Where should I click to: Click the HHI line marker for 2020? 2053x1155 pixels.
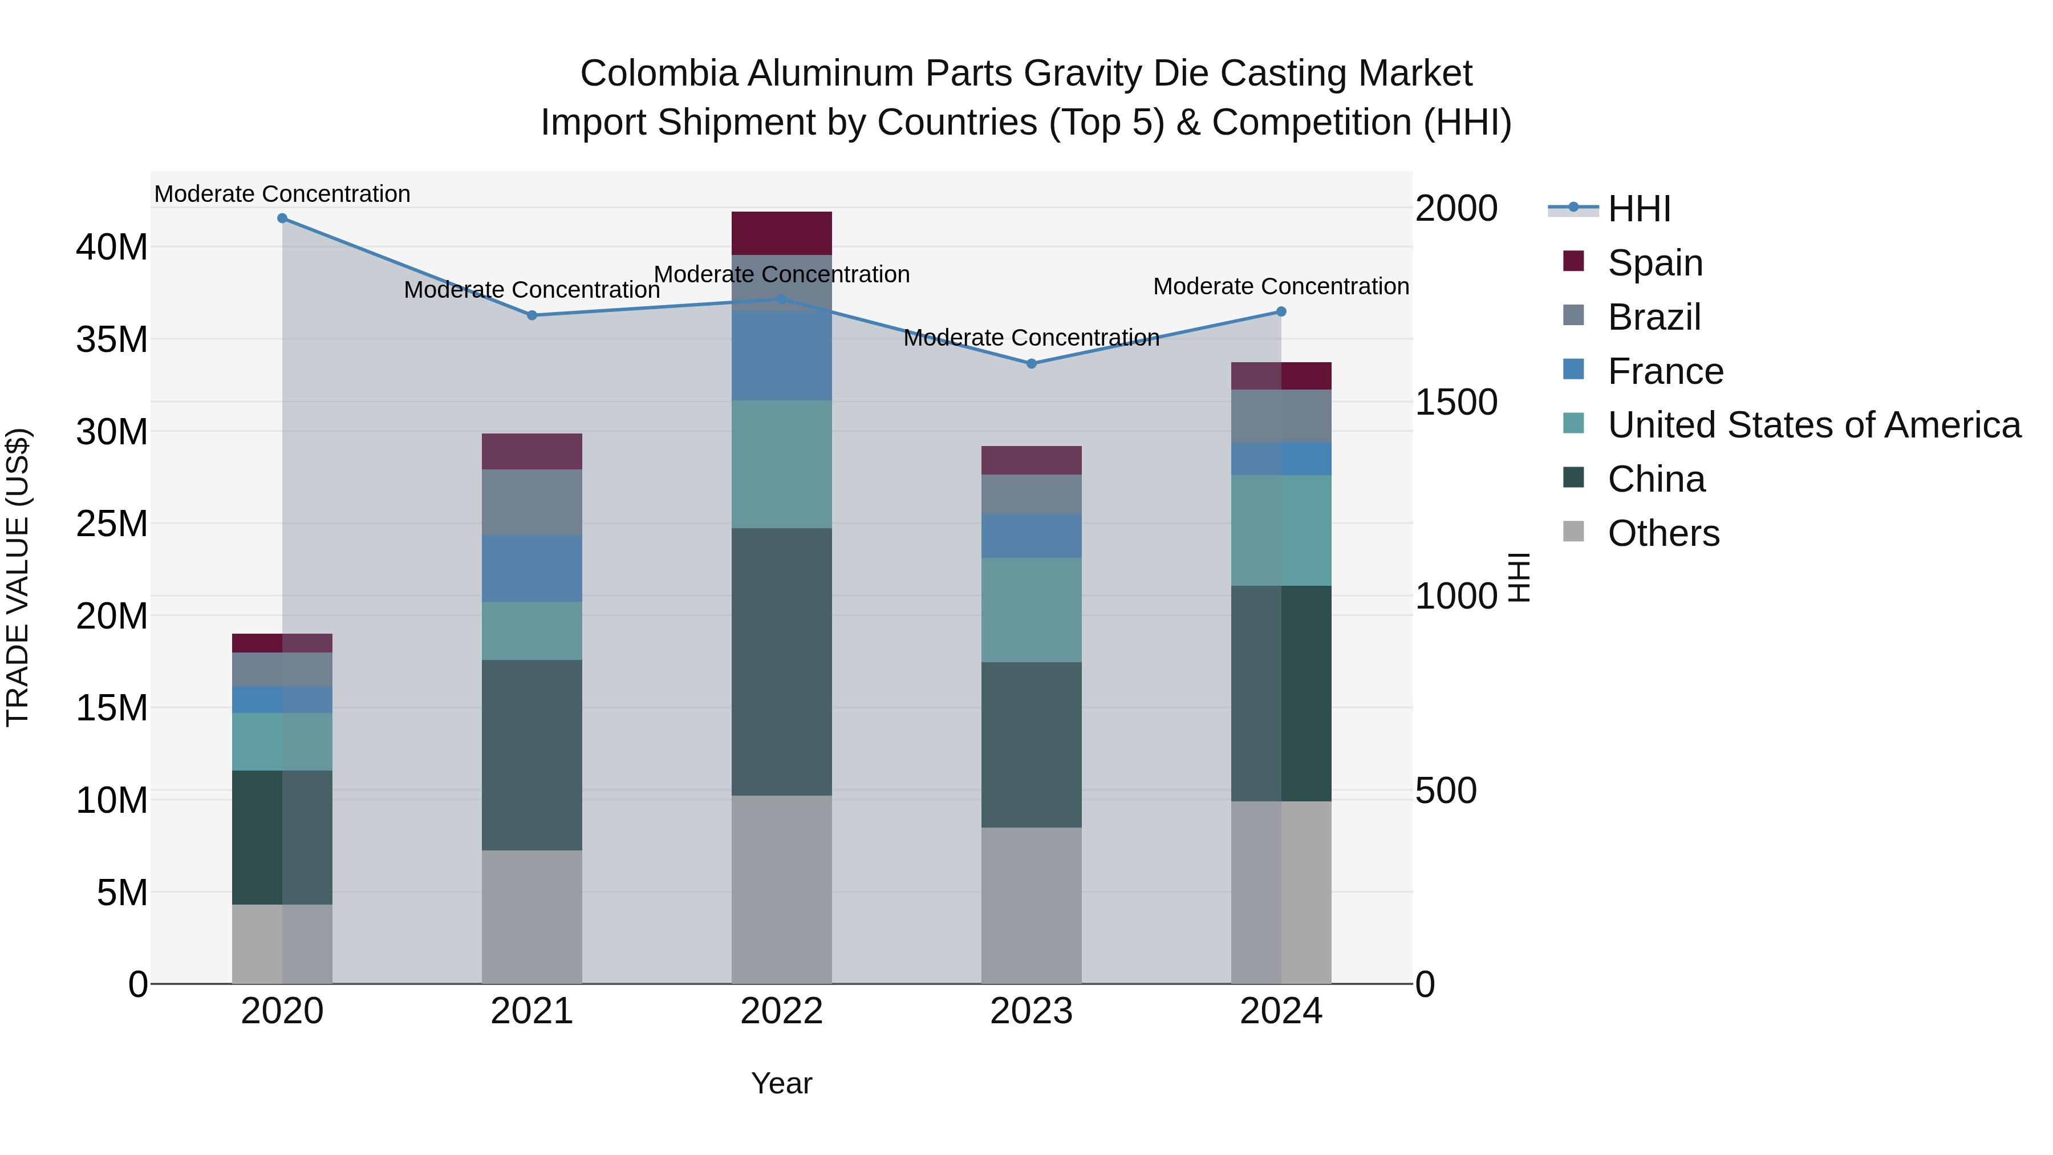click(282, 218)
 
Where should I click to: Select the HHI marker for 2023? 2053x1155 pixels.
click(1031, 363)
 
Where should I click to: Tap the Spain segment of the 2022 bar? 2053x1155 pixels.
click(781, 233)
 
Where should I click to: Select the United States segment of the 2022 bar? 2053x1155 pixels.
click(781, 464)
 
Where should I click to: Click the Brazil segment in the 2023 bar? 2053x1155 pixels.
click(1031, 494)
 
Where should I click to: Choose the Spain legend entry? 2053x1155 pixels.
click(1654, 263)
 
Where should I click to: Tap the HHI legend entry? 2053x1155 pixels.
click(1638, 209)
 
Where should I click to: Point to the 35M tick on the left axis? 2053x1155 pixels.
click(112, 339)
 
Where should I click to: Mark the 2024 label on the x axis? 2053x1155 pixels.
click(1281, 1011)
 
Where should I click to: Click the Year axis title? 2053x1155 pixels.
click(781, 1083)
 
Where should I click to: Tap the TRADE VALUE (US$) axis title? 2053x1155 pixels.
click(18, 577)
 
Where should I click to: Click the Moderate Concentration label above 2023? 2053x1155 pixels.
click(1031, 338)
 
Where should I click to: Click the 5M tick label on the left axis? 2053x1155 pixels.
click(122, 893)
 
